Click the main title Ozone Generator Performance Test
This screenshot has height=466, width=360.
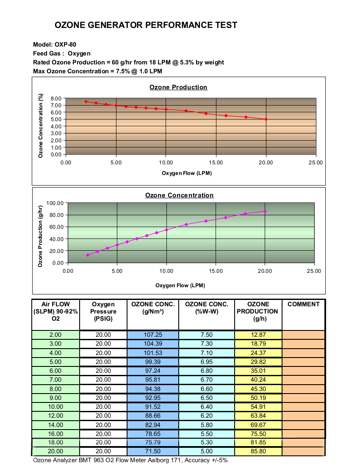tap(146, 25)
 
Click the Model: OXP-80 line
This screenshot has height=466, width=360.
tap(55, 44)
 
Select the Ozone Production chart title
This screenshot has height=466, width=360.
tap(178, 87)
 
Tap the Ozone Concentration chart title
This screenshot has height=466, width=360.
tap(180, 195)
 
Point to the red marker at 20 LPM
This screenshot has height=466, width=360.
tap(266, 119)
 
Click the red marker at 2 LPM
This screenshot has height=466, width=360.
tap(86, 102)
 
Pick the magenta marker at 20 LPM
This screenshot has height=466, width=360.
tap(265, 211)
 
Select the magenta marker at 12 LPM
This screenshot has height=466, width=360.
tap(186, 225)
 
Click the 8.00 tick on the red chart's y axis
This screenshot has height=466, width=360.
tap(56, 98)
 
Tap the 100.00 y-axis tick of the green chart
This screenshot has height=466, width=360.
tap(55, 203)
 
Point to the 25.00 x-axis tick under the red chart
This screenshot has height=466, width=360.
tap(316, 163)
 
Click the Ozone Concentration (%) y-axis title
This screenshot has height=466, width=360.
tap(41, 126)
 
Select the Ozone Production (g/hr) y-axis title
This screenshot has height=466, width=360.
tap(40, 236)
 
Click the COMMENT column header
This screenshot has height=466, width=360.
tap(304, 304)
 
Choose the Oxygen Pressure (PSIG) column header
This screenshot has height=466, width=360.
tap(103, 311)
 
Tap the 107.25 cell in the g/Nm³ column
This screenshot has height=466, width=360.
tap(153, 335)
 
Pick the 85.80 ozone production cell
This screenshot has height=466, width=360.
tap(258, 451)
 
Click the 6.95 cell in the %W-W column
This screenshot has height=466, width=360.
tap(207, 362)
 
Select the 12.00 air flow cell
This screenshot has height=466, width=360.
tap(55, 416)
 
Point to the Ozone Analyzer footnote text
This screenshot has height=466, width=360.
tap(130, 460)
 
